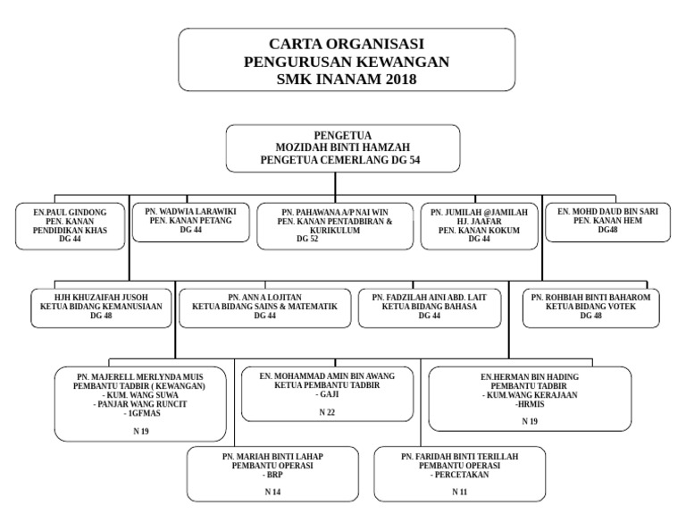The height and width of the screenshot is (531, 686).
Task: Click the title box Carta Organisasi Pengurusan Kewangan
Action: (x=347, y=60)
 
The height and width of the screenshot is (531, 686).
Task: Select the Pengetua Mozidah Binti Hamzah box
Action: (x=343, y=147)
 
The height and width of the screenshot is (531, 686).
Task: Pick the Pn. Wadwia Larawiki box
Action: (x=190, y=222)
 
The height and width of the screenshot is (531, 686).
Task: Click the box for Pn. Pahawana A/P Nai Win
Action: (x=335, y=226)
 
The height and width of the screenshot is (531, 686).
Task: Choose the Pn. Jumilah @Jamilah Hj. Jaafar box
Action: (x=479, y=226)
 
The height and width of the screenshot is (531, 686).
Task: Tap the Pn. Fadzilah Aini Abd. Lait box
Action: (x=430, y=306)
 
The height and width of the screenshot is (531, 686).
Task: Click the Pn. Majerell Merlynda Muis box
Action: (x=140, y=403)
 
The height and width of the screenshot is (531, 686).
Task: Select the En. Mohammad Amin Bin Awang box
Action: (x=327, y=393)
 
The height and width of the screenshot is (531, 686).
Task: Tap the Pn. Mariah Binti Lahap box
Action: (x=272, y=474)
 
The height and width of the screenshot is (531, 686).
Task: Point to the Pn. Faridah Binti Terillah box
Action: (x=459, y=474)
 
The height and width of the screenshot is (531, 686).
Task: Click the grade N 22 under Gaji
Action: (x=327, y=412)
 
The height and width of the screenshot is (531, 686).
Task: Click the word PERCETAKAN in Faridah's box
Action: (x=459, y=474)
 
